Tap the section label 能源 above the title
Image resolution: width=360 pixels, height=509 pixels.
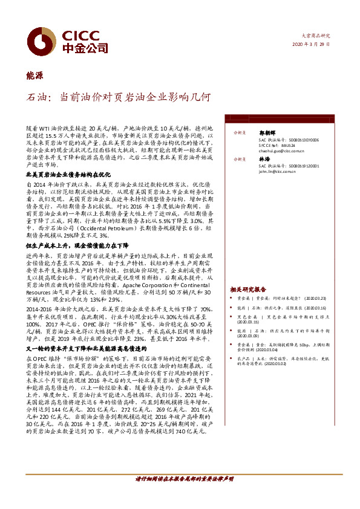pyautogui.click(x=34, y=75)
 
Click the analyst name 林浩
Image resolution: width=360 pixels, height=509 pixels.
pyautogui.click(x=264, y=158)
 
